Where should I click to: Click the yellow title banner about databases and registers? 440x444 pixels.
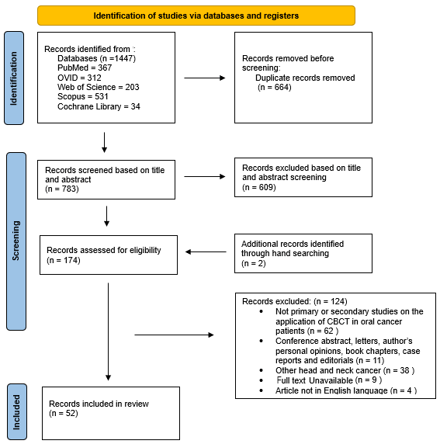coord(196,16)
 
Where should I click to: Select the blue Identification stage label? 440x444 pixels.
coord(14,78)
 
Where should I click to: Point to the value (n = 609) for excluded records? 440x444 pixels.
coord(260,187)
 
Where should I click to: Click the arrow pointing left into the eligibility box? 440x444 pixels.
coord(205,251)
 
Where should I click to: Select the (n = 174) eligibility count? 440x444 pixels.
coord(64,260)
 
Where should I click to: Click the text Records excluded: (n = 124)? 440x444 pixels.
coord(294,301)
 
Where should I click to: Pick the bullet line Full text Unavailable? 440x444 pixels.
coord(318,380)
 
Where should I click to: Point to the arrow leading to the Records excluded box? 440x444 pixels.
coord(174,335)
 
